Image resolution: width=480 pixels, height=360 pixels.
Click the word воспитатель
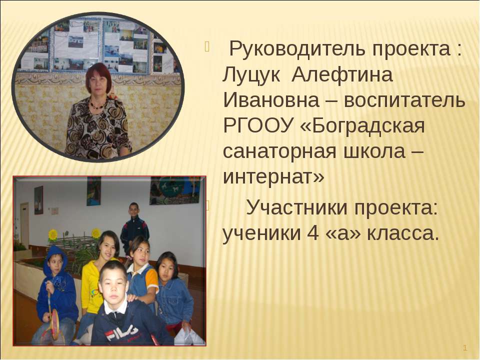(x=402, y=101)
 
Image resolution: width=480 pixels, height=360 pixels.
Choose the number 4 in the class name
(x=310, y=232)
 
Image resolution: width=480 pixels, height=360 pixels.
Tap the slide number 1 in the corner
(x=465, y=347)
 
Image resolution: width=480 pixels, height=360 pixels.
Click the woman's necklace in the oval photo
(x=96, y=105)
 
